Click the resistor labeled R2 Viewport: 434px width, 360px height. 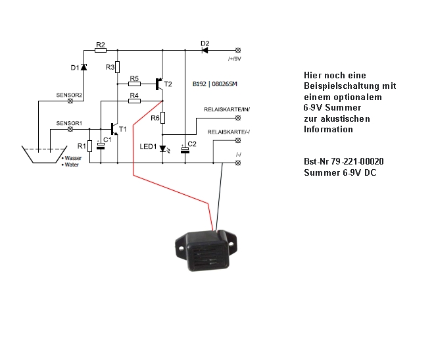101,50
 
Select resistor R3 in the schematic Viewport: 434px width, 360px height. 118,67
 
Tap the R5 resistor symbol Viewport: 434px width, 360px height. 134,84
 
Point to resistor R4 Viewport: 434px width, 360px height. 134,101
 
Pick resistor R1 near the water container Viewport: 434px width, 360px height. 89,145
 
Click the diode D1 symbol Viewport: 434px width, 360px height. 84,67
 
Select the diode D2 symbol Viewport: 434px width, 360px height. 205,50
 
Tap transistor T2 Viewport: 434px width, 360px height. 160,84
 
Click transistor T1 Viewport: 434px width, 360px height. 115,128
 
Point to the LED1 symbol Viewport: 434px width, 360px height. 162,147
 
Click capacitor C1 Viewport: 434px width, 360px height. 101,145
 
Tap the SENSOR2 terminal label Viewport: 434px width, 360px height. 69,95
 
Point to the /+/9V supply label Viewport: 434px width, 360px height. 235,59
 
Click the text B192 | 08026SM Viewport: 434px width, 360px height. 216,84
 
